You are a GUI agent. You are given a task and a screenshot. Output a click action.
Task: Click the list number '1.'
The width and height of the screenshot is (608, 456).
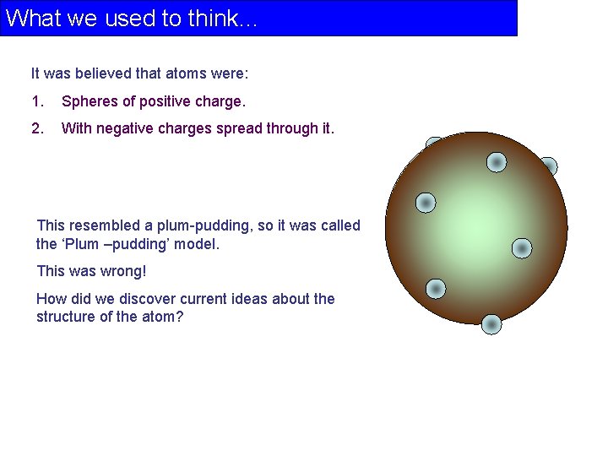coord(37,101)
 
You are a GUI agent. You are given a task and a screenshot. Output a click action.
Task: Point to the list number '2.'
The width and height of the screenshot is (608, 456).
coord(37,128)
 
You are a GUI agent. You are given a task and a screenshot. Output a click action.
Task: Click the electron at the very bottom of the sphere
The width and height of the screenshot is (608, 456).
coord(491,324)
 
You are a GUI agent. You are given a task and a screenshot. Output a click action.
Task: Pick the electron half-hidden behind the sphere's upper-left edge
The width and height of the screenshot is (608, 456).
coord(433,145)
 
